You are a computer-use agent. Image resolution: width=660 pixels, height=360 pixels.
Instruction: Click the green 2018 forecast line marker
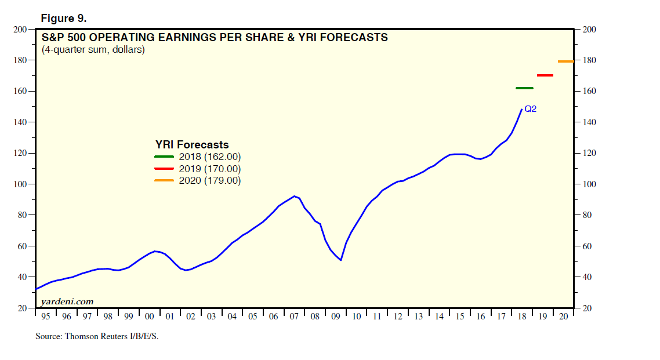[524, 88]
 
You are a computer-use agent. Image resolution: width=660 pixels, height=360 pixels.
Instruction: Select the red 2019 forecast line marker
[545, 75]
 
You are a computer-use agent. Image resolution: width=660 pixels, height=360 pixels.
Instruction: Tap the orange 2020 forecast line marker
[565, 61]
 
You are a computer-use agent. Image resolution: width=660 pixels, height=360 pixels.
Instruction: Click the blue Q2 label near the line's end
[530, 108]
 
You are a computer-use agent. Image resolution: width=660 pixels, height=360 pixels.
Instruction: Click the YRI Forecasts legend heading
[192, 144]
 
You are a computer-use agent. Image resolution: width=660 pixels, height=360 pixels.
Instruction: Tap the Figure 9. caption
[63, 18]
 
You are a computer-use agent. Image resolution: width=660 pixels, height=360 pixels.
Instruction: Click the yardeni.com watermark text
[67, 301]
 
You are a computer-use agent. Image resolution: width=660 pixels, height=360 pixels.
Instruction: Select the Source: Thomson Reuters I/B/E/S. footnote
[97, 336]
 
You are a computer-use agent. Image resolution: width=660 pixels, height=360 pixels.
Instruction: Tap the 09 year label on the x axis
[335, 317]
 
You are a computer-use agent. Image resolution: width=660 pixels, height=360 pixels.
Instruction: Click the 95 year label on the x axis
[45, 317]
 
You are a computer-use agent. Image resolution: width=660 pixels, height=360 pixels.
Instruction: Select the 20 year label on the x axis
[563, 317]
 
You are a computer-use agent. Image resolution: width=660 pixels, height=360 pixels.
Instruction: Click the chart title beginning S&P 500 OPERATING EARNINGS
[215, 38]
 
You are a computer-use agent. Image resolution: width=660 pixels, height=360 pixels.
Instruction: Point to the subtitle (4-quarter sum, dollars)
[93, 50]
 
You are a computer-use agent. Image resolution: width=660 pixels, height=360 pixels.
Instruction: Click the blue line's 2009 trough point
[340, 260]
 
